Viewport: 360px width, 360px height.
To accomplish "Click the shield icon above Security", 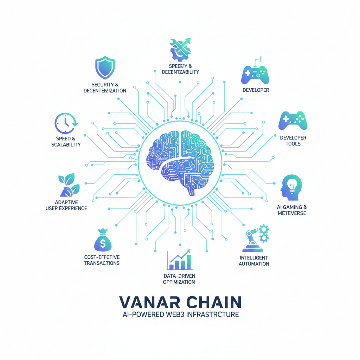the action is [x=105, y=68].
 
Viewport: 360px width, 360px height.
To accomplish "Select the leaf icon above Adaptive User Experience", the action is [x=69, y=186].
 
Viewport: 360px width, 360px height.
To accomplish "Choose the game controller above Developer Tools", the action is [x=293, y=121].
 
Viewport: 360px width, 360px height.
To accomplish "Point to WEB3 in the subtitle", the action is [x=176, y=314].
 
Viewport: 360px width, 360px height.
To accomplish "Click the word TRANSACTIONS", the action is [x=102, y=263].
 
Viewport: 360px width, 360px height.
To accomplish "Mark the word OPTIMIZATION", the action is [x=179, y=282].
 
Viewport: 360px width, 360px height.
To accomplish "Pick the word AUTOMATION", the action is [x=254, y=264].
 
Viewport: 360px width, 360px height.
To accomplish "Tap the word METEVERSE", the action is [x=291, y=213].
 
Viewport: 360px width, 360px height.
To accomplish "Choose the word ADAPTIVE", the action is [x=66, y=202].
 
